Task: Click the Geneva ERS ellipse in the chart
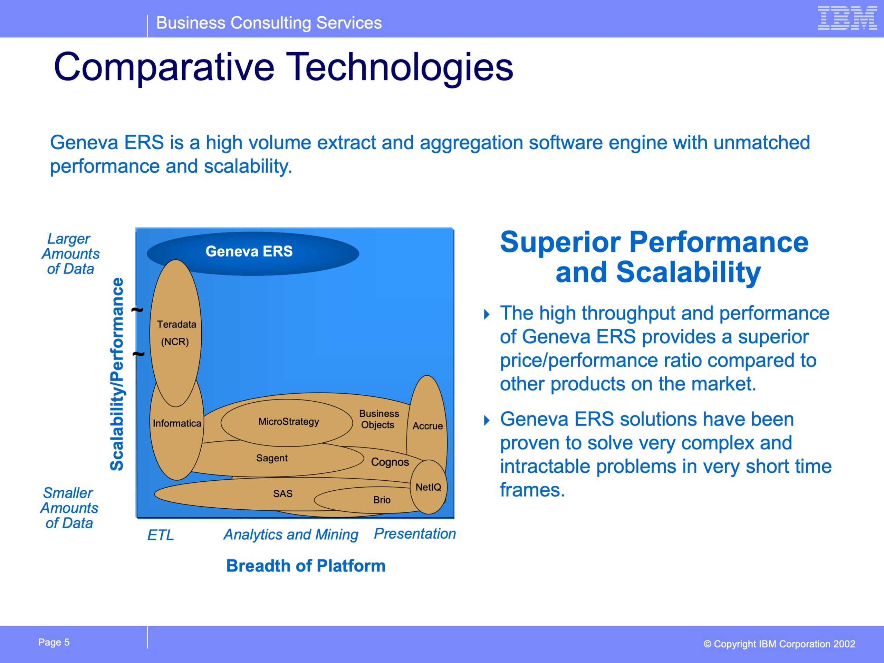(253, 253)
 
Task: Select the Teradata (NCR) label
(176, 333)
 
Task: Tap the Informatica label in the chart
(177, 423)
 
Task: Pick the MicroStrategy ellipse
(287, 422)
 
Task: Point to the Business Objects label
(378, 419)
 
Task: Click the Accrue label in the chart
(427, 426)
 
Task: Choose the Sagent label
(272, 458)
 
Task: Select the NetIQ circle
(429, 487)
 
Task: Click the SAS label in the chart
(282, 493)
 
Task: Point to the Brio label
(382, 500)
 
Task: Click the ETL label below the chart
(161, 535)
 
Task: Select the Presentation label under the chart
(415, 534)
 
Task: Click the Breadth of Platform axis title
(306, 566)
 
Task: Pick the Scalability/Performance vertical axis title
(117, 374)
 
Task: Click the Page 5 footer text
(54, 642)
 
